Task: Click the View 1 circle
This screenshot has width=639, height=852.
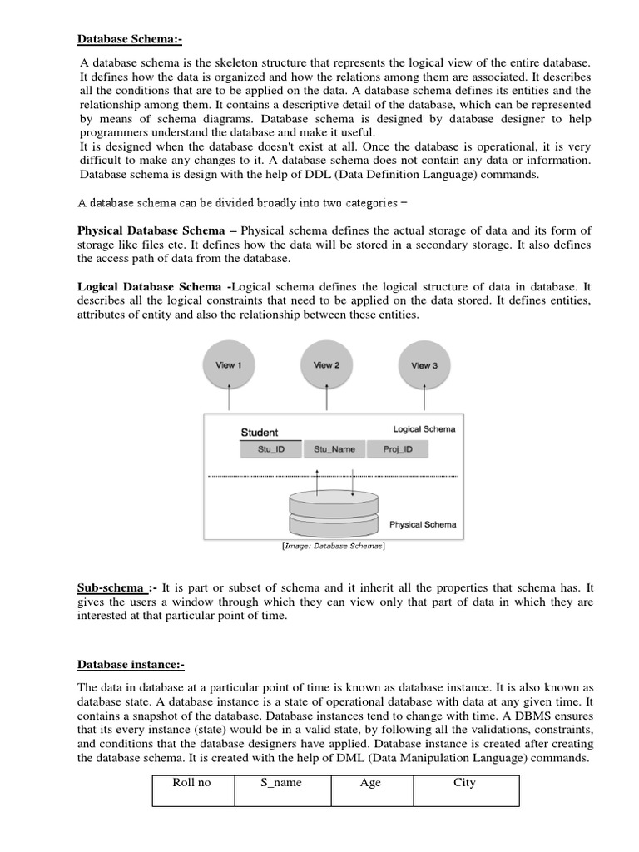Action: tap(229, 366)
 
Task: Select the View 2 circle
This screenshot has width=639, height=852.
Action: tap(326, 366)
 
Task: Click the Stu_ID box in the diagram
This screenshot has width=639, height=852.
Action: tap(269, 449)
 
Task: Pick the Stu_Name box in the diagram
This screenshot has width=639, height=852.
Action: tap(334, 449)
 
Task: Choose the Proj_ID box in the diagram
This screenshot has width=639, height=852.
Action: tap(403, 449)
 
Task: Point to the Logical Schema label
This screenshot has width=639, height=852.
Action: tap(424, 429)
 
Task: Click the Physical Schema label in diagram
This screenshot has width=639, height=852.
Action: tap(423, 525)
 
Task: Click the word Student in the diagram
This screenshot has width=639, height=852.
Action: tap(260, 433)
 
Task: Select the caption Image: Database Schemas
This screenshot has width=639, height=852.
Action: tap(333, 547)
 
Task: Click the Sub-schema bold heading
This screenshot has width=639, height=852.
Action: tap(111, 587)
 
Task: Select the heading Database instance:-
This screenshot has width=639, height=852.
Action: tap(131, 664)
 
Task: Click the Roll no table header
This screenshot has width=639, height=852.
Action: tap(191, 783)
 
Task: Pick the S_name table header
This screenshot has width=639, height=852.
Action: tap(281, 783)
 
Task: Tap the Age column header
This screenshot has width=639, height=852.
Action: tap(370, 783)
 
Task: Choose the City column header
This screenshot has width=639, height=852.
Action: tap(464, 783)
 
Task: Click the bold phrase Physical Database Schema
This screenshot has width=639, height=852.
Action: tap(151, 230)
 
